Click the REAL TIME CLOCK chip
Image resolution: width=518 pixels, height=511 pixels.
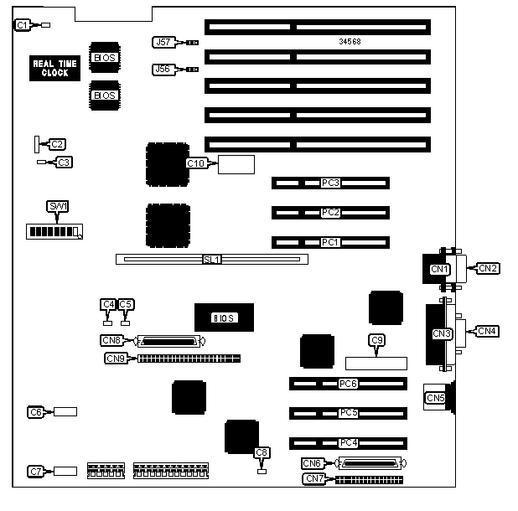[x=55, y=68]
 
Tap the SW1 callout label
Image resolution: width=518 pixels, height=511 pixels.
[x=57, y=206]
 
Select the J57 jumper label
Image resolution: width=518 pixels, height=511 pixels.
[x=163, y=41]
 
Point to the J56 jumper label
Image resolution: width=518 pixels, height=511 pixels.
[x=163, y=70]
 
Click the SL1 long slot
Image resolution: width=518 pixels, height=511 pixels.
[x=211, y=260]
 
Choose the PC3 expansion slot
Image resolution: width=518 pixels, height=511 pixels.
[x=330, y=183]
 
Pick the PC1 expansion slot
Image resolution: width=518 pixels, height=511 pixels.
[x=330, y=242]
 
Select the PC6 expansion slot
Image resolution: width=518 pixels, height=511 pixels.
[x=349, y=384]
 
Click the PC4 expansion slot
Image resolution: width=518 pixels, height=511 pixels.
[x=349, y=442]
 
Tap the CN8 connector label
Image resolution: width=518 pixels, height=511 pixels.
[x=111, y=341]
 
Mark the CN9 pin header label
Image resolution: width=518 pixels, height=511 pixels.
[x=116, y=359]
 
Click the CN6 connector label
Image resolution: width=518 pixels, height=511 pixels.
[x=313, y=463]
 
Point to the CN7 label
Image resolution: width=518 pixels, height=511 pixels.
[x=314, y=479]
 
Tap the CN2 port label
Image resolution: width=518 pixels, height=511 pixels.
[x=488, y=268]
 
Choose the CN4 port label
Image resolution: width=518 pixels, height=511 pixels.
[x=488, y=331]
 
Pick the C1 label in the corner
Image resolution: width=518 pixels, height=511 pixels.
[x=23, y=26]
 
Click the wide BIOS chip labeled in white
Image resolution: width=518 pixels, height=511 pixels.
[x=223, y=317]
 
